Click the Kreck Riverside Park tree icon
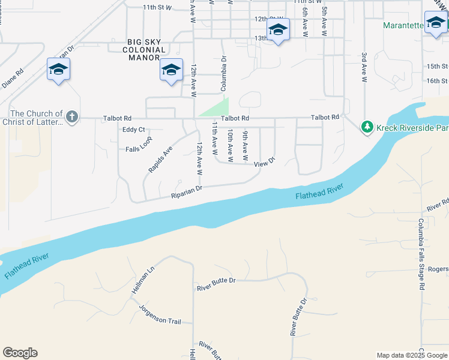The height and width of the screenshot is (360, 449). [367, 127]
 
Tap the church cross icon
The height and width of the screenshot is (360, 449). [72, 117]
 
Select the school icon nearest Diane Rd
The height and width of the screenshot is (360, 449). [58, 70]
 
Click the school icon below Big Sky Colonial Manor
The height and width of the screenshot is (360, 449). [171, 70]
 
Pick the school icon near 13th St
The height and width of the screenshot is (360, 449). [278, 30]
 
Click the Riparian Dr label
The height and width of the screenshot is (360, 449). [187, 191]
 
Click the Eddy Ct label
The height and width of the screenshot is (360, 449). [134, 130]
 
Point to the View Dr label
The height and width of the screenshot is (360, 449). [264, 163]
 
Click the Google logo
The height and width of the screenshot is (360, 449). [20, 353]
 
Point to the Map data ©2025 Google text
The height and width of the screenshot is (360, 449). [412, 355]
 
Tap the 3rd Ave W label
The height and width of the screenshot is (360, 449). [364, 67]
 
